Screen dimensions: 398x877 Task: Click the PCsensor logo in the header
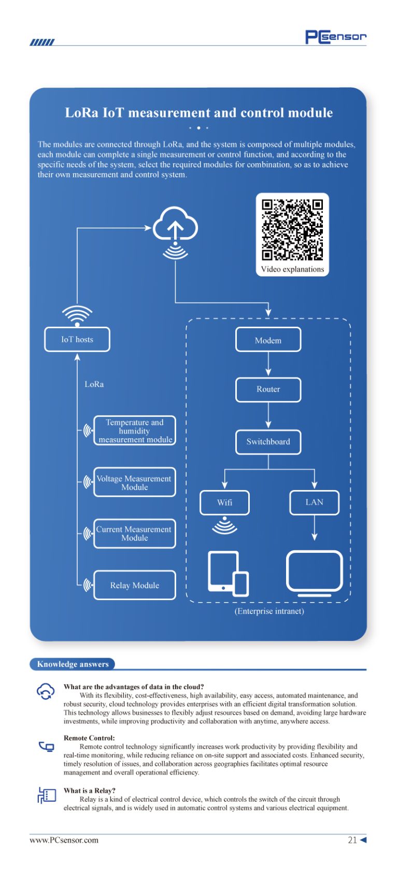(336, 37)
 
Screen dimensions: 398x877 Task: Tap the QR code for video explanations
(292, 230)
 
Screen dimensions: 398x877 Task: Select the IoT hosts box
(77, 340)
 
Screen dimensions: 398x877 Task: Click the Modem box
(268, 340)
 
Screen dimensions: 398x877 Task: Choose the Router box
(268, 389)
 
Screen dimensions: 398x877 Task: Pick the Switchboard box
(268, 442)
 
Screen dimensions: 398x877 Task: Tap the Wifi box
(224, 503)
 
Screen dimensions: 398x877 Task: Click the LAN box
(314, 503)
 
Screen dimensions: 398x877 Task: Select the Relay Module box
(135, 586)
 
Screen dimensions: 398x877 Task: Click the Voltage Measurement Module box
(135, 482)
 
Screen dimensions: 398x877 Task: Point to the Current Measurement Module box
(135, 534)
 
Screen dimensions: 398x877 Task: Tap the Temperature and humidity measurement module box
(135, 430)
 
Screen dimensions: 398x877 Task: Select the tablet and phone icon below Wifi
(228, 573)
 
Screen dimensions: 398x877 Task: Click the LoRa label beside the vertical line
(94, 384)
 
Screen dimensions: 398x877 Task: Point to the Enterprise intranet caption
(269, 611)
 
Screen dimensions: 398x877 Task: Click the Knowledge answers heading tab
(73, 664)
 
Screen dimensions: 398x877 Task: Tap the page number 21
(352, 840)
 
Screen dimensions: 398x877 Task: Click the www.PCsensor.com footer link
(64, 840)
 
